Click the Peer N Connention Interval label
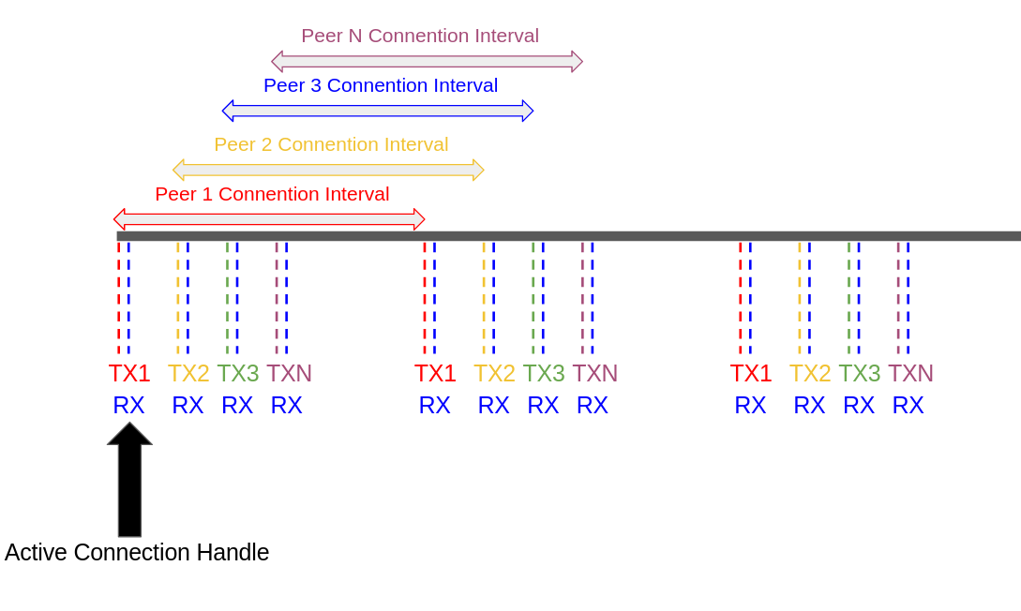(x=420, y=36)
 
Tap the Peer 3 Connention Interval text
(x=381, y=85)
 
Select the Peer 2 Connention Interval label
(x=331, y=144)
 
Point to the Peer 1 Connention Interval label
(x=272, y=194)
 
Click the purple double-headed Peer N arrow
(x=427, y=62)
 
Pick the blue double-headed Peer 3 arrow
(x=378, y=111)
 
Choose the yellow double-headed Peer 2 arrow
(x=328, y=170)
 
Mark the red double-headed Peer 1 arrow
(x=269, y=219)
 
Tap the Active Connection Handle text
(x=137, y=553)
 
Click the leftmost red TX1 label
(x=129, y=373)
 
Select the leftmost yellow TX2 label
(x=188, y=373)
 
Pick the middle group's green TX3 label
(x=544, y=373)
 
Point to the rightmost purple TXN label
(x=910, y=373)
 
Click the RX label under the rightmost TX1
(x=750, y=405)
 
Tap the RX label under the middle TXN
(x=593, y=405)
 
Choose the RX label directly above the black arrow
(x=128, y=405)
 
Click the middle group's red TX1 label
(x=435, y=373)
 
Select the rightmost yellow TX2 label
(x=810, y=373)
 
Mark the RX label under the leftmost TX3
(x=237, y=405)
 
